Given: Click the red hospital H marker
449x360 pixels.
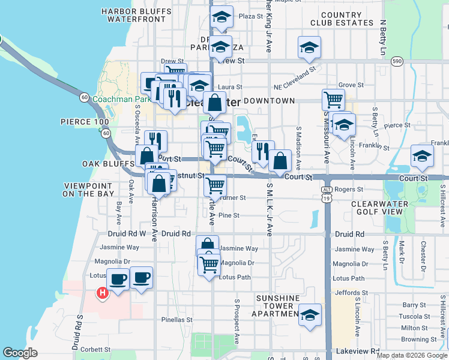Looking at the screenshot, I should tap(102, 293).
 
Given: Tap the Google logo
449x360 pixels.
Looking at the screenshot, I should tap(20, 353).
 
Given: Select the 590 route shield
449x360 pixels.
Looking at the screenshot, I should tap(396, 61).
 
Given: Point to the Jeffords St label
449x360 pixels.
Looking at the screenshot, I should tap(348, 293).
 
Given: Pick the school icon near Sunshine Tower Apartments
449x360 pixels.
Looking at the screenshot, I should tap(310, 314).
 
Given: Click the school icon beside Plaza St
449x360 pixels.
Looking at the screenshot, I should tap(221, 17).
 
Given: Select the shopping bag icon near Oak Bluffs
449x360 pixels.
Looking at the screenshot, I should tap(147, 155).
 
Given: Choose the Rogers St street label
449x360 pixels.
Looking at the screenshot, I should tap(349, 189).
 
